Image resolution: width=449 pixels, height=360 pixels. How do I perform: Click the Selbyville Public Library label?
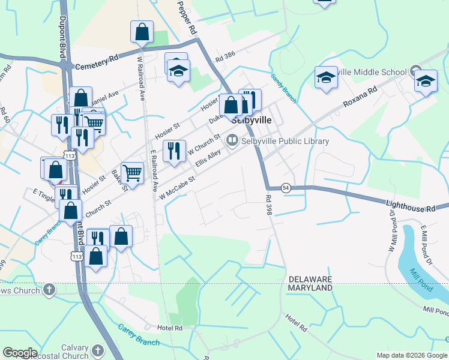(285, 142)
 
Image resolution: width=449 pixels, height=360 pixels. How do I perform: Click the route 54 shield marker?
(286, 188)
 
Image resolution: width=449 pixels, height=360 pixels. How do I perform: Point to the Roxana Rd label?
(360, 96)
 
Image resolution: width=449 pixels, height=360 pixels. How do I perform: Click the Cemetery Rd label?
(97, 62)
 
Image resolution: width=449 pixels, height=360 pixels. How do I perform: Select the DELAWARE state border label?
(310, 280)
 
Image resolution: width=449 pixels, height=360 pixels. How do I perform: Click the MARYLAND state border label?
(310, 288)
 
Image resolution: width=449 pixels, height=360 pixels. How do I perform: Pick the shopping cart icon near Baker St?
(132, 173)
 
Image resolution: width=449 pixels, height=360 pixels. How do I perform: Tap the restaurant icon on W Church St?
(173, 151)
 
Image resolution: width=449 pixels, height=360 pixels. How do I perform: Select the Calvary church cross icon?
(98, 349)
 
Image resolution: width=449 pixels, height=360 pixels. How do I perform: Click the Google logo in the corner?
(20, 353)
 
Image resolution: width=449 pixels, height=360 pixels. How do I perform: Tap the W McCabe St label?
(178, 188)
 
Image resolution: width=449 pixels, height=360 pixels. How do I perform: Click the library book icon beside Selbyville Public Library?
(232, 140)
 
